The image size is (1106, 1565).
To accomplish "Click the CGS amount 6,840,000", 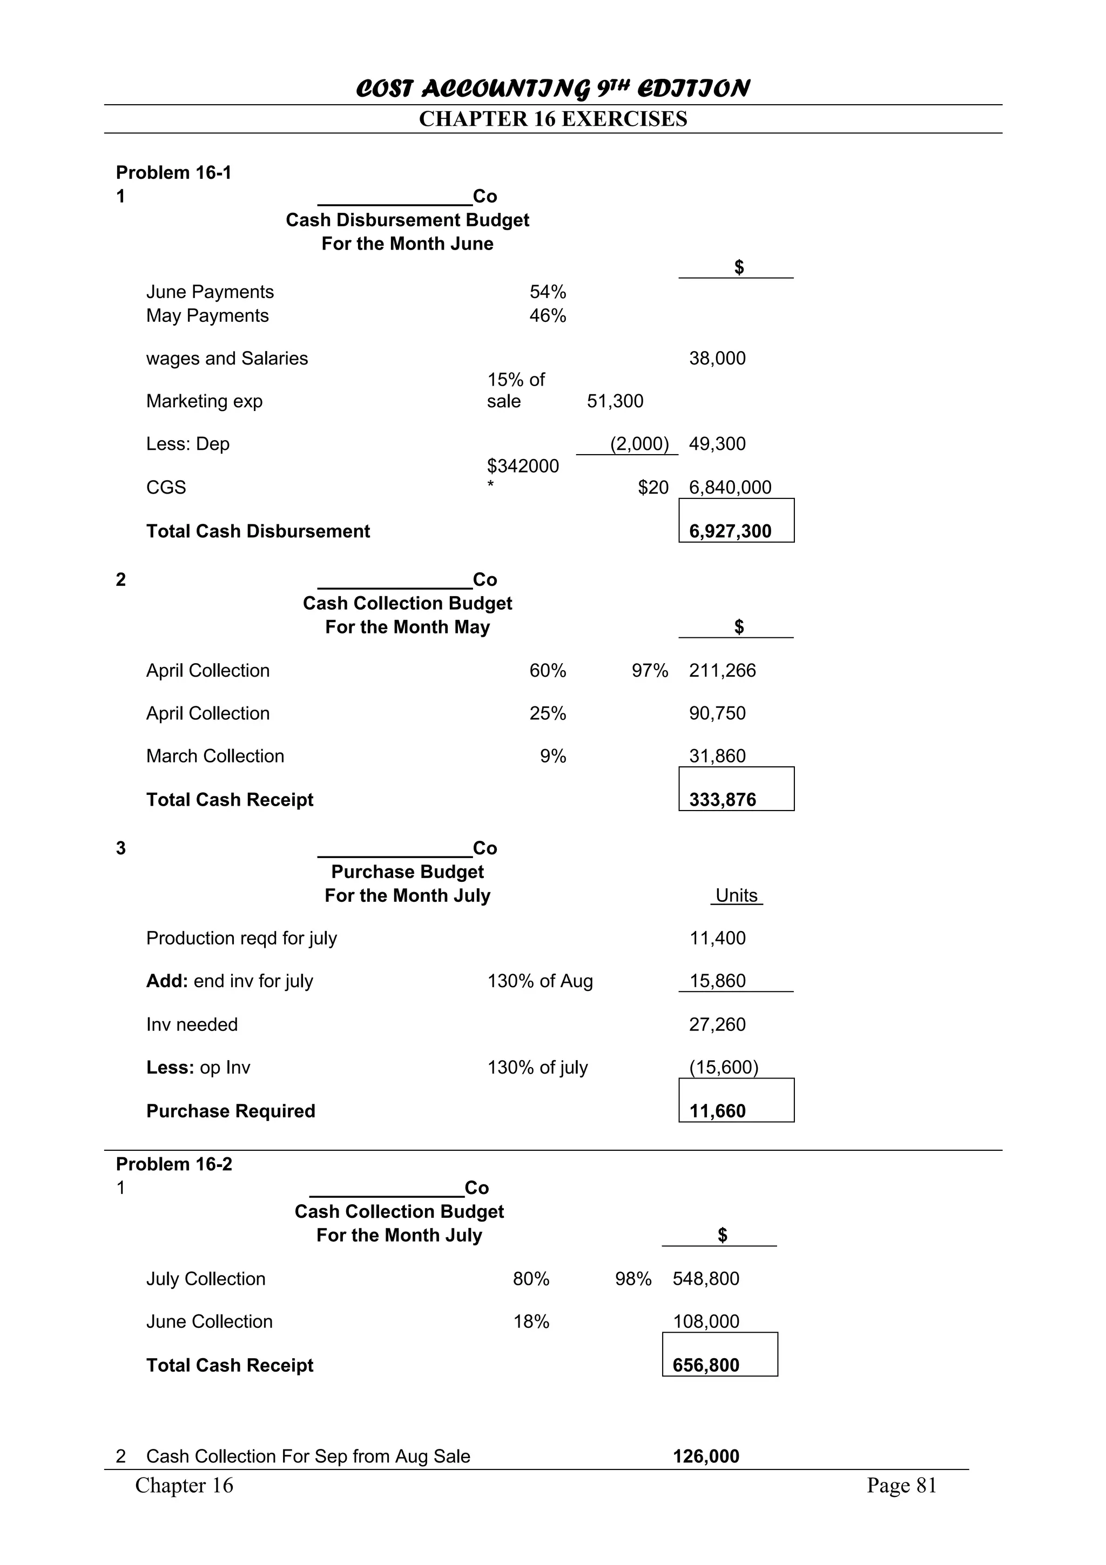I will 730,487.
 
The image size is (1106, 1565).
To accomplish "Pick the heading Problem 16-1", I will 174,172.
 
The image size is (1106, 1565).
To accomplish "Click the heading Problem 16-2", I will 174,1164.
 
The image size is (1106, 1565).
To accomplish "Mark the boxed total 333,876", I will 723,800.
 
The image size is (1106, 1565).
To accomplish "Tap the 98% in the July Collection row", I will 632,1279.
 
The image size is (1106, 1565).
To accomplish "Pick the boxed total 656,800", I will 705,1365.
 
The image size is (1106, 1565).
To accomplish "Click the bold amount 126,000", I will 705,1456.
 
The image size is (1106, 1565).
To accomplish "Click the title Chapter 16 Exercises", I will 552,119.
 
